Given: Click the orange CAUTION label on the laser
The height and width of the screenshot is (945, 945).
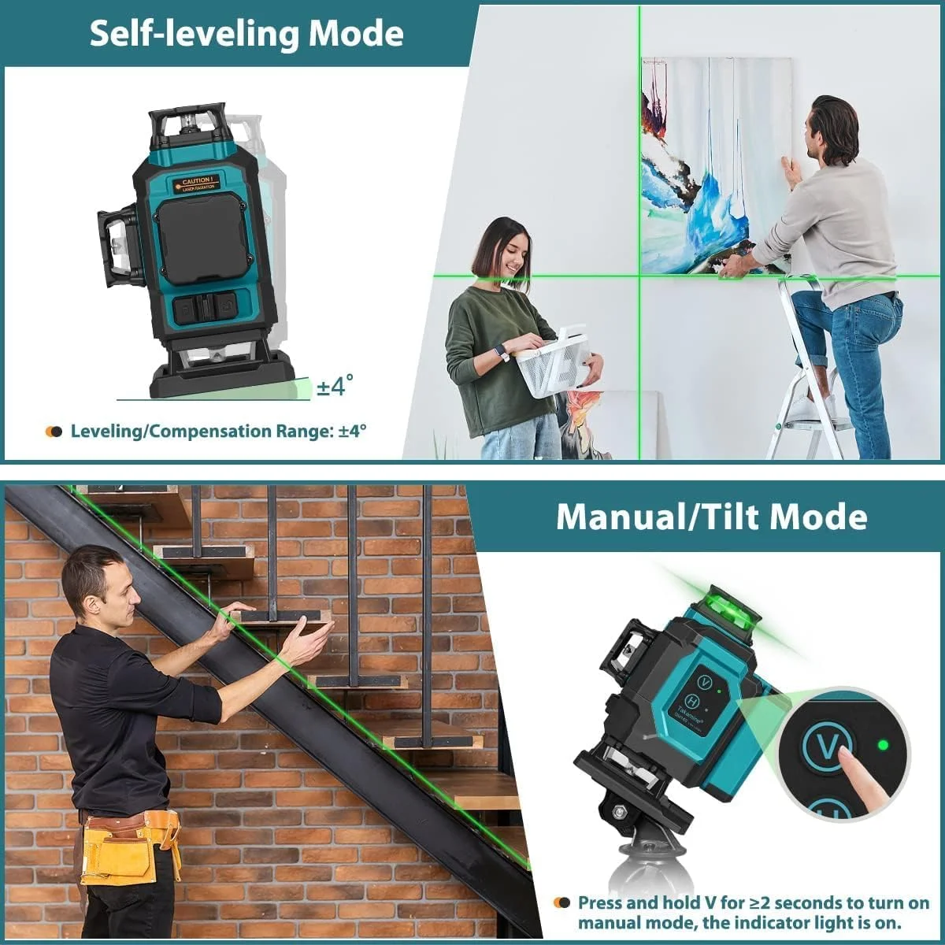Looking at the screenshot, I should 196,183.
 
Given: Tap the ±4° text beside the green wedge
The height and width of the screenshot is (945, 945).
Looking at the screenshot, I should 335,386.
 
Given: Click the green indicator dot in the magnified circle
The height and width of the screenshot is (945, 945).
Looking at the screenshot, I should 883,744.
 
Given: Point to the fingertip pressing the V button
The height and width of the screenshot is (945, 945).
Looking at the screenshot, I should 844,756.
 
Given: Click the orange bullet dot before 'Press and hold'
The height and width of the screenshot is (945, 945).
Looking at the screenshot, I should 561,903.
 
